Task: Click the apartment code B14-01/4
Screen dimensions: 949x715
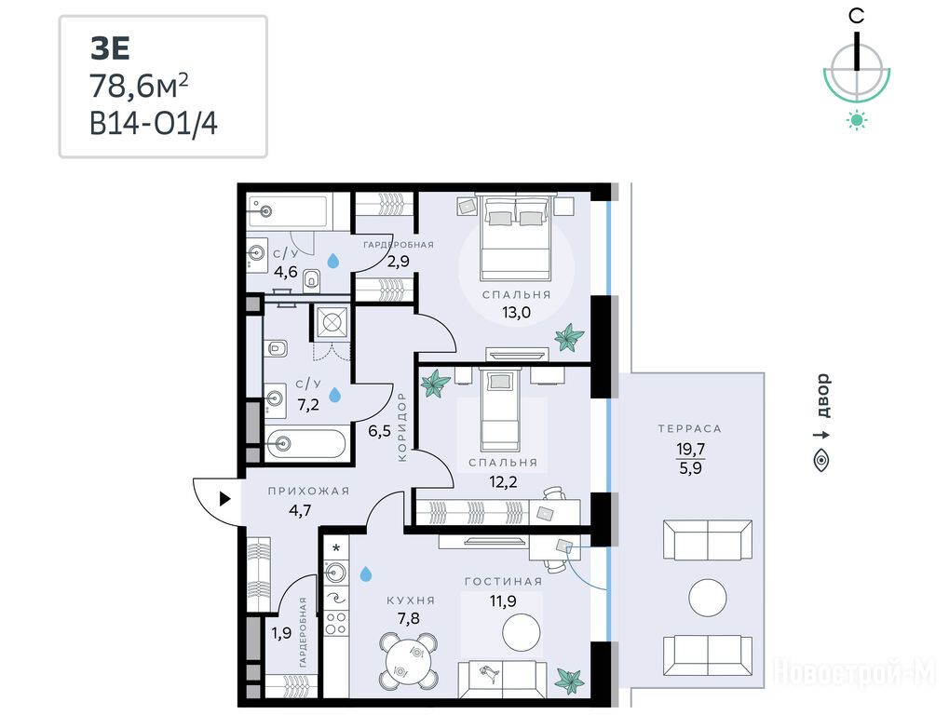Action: (153, 124)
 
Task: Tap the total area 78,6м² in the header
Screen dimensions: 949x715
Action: (139, 86)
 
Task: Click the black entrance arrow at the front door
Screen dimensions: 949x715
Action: (225, 499)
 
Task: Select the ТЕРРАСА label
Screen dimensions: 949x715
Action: (690, 429)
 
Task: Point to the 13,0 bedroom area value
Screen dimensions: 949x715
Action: (516, 312)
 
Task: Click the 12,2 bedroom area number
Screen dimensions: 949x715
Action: (503, 481)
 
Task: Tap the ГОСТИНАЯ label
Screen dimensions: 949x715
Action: (504, 582)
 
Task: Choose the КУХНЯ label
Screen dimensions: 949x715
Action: (411, 600)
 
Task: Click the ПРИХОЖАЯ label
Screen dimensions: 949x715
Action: (308, 492)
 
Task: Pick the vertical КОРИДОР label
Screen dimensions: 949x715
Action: (402, 427)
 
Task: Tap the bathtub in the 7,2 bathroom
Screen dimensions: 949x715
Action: (306, 445)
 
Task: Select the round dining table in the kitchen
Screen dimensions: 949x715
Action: (409, 662)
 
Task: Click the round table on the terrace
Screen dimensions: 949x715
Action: (708, 598)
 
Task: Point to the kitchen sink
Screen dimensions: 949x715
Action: (336, 572)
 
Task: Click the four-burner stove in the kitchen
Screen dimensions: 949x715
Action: (336, 623)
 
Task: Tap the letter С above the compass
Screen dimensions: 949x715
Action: (857, 16)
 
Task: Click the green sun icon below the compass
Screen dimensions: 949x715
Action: (857, 120)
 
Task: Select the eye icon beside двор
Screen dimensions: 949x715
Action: (821, 461)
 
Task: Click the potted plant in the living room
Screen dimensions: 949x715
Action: (570, 680)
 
